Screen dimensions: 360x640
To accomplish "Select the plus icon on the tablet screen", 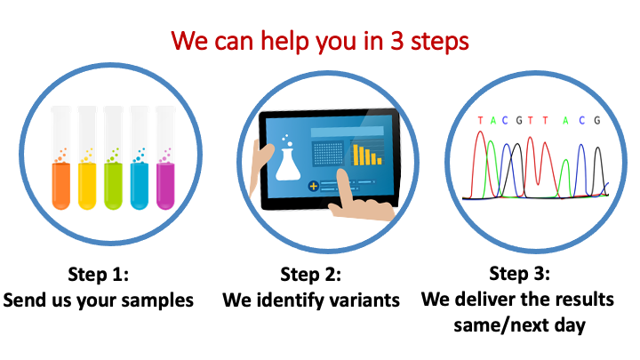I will pyautogui.click(x=313, y=187).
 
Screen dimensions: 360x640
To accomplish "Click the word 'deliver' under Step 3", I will pyautogui.click(x=486, y=300).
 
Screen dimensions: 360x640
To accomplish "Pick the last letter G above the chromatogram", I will pyautogui.click(x=597, y=120).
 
